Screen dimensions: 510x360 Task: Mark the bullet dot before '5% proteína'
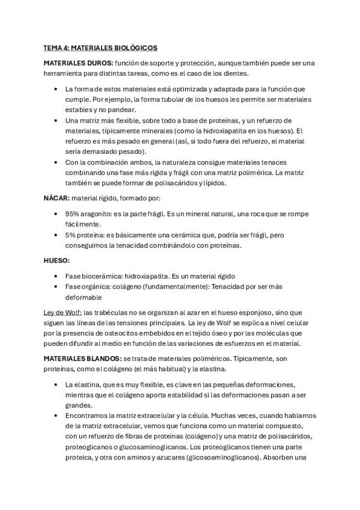(55, 235)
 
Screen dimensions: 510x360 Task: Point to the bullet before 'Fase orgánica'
(55, 287)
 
